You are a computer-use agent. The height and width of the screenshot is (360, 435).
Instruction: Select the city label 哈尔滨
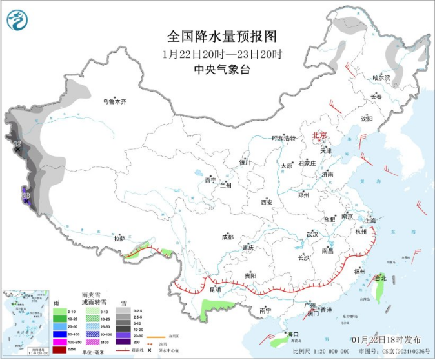[x=382, y=77]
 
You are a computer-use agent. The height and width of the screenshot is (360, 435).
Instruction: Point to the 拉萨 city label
[x=119, y=238]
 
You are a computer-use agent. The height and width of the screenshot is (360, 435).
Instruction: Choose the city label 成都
[x=227, y=237]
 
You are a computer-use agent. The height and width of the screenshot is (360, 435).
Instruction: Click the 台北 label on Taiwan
[x=380, y=278]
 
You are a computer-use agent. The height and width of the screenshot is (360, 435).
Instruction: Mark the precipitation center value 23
[x=26, y=195]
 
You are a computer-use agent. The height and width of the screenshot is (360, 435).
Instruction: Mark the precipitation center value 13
[x=17, y=143]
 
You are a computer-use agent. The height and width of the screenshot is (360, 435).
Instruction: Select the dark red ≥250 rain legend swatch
[x=58, y=349]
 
